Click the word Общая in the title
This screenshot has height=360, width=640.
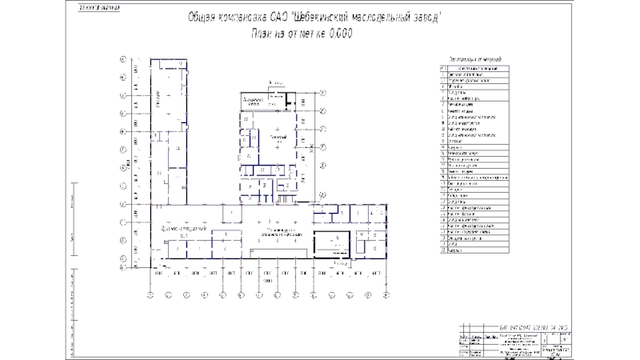(x=206, y=18)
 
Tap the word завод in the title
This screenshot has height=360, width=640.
(x=421, y=18)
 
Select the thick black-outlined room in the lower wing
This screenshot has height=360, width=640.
(x=333, y=243)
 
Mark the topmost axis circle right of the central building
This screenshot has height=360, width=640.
(x=323, y=93)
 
